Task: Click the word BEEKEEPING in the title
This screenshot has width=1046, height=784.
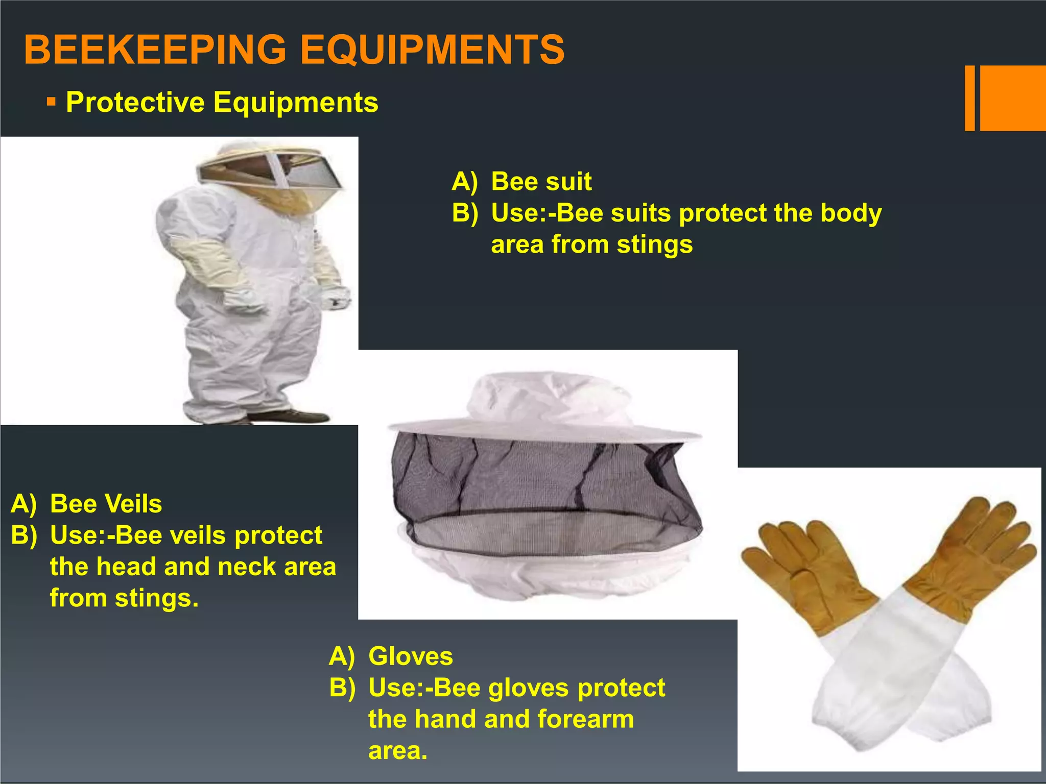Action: click(x=155, y=50)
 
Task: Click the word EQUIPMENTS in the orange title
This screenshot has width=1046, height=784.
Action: click(x=432, y=50)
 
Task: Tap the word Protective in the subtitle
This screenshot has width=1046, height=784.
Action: click(x=135, y=102)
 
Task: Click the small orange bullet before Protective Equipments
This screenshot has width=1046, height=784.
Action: click(x=51, y=102)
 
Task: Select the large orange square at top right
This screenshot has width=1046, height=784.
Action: click(x=1012, y=98)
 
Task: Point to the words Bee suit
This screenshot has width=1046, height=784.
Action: click(x=541, y=182)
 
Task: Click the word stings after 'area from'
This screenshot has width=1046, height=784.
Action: click(x=655, y=244)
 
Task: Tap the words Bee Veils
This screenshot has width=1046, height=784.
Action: click(x=106, y=504)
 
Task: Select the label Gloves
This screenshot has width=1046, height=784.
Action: click(x=411, y=656)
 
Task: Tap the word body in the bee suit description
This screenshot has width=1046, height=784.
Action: click(x=851, y=213)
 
